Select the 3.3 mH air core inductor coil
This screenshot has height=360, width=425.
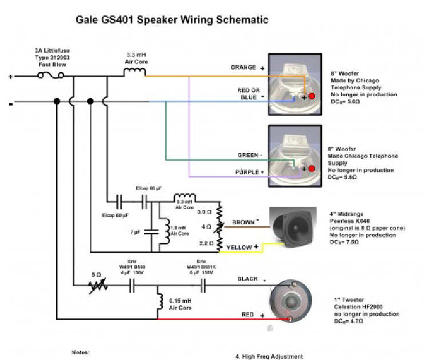tap(135, 70)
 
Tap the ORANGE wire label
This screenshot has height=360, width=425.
tap(243, 68)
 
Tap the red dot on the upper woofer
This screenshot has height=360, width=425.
tap(311, 96)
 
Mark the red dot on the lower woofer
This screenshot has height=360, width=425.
tap(311, 169)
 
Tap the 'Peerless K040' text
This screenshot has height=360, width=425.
tap(348, 220)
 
